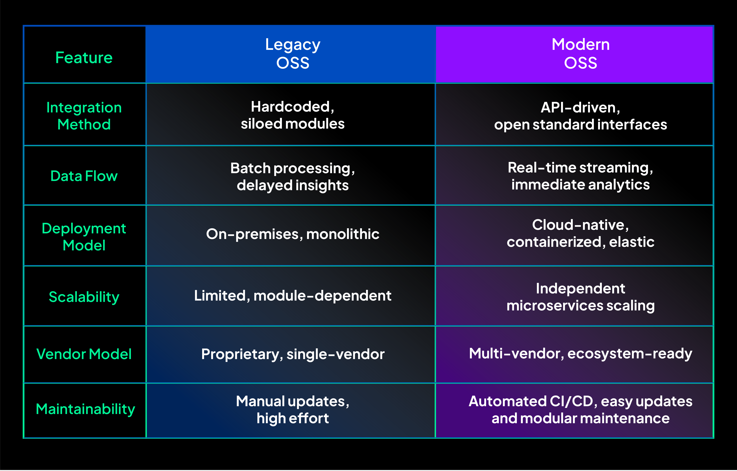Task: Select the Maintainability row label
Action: click(85, 409)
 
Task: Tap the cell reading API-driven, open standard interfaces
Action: click(580, 116)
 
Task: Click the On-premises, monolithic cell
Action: click(293, 234)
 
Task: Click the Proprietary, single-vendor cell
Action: click(293, 354)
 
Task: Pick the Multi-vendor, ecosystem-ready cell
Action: click(580, 354)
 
